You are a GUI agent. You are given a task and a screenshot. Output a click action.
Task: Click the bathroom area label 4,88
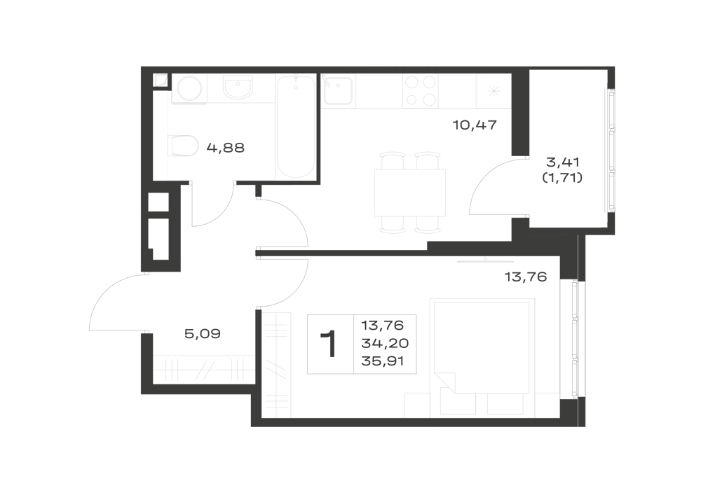[225, 147]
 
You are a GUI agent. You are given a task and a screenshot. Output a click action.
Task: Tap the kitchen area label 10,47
[475, 125]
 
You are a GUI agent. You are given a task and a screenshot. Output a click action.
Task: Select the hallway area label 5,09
[203, 333]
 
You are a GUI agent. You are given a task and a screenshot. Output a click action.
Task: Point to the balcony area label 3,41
[563, 162]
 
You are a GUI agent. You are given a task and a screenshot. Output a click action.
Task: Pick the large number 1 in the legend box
[330, 344]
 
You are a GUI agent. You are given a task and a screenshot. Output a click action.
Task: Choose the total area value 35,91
[383, 361]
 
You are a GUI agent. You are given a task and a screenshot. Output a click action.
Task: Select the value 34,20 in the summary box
[385, 343]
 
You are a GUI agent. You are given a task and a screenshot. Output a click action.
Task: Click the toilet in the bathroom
[183, 146]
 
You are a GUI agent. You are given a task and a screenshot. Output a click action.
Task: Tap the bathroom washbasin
[238, 88]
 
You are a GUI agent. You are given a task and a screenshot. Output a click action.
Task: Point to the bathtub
[296, 127]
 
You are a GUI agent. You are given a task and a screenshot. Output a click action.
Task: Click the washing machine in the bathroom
[189, 90]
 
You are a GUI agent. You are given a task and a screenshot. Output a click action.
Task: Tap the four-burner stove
[419, 91]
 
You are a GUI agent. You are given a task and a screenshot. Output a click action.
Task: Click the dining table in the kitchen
[410, 193]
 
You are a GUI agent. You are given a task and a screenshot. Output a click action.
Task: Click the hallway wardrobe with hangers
[204, 370]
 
